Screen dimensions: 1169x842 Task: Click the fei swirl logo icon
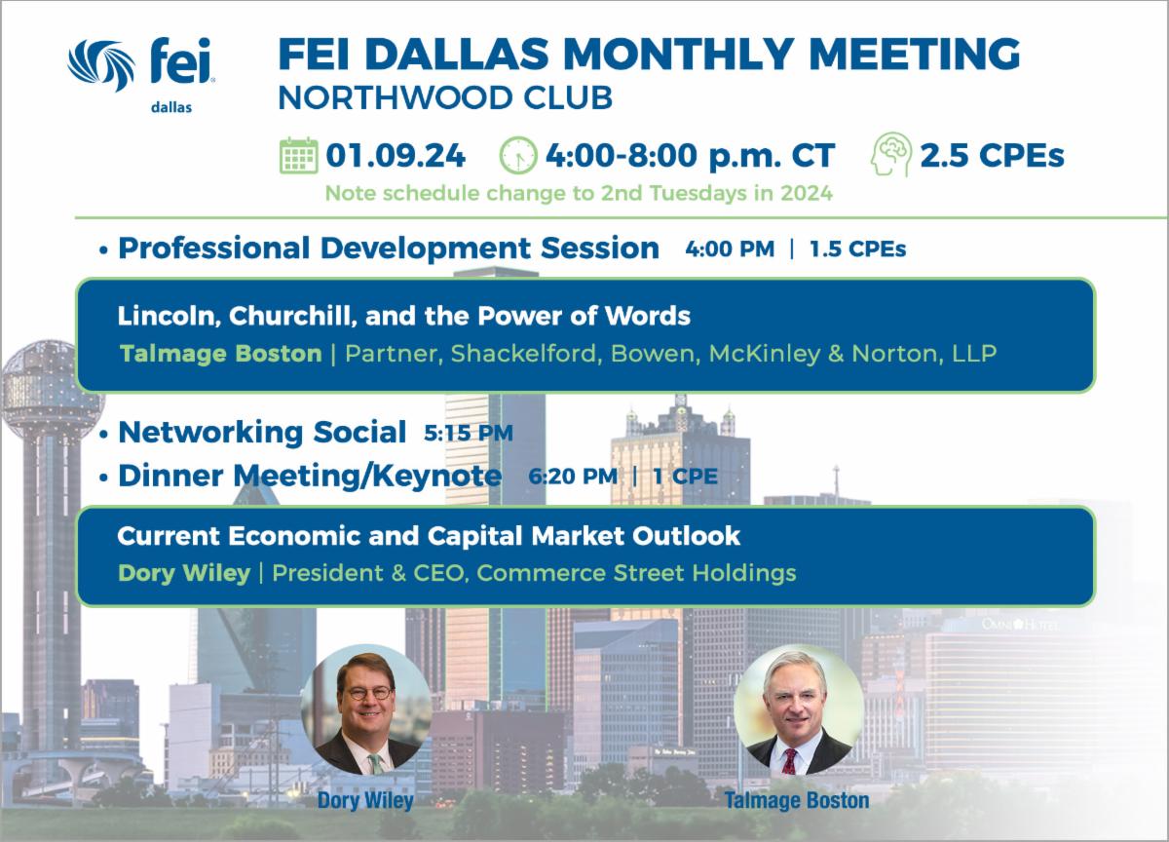pyautogui.click(x=101, y=64)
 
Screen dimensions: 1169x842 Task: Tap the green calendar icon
pyautogui.click(x=298, y=155)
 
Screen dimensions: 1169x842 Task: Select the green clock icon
pyautogui.click(x=517, y=155)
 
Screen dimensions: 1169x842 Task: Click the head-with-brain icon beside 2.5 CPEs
pyautogui.click(x=891, y=154)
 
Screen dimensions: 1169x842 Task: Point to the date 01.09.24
pyautogui.click(x=396, y=156)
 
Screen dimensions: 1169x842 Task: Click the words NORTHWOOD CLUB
pyautogui.click(x=445, y=97)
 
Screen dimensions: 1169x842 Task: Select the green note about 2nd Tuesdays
pyautogui.click(x=579, y=193)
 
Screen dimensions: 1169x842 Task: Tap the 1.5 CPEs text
pyautogui.click(x=857, y=249)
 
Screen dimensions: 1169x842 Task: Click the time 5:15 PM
pyautogui.click(x=469, y=433)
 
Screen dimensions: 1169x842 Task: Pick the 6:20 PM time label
pyautogui.click(x=573, y=477)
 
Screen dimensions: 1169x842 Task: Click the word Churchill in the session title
pyautogui.click(x=292, y=316)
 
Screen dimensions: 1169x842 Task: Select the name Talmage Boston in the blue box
pyautogui.click(x=221, y=354)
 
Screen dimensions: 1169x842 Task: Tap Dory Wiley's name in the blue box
pyautogui.click(x=184, y=573)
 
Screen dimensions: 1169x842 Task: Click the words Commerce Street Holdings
pyautogui.click(x=636, y=573)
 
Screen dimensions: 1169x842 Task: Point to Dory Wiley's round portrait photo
pyautogui.click(x=366, y=709)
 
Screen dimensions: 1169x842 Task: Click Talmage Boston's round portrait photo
pyautogui.click(x=799, y=709)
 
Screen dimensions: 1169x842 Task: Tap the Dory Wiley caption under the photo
pyautogui.click(x=365, y=800)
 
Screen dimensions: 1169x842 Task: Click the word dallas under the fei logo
pyautogui.click(x=171, y=107)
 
